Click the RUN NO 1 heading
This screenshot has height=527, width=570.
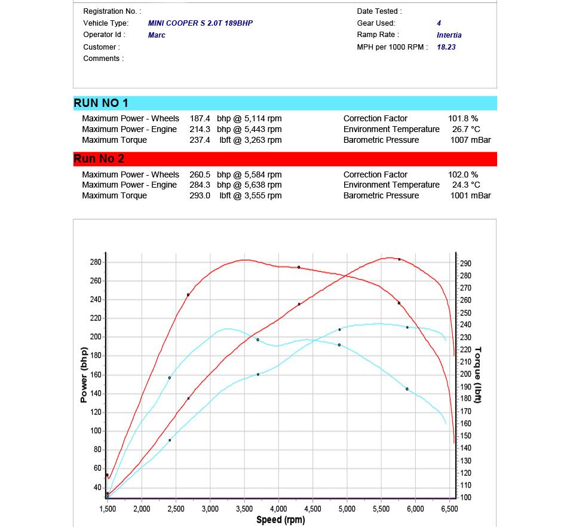click(101, 103)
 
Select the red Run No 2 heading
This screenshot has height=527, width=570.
click(99, 159)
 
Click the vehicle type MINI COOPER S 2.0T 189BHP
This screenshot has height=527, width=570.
click(200, 23)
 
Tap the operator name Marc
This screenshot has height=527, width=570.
click(157, 35)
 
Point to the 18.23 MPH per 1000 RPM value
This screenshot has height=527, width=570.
click(446, 47)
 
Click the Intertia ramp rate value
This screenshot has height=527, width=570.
click(449, 35)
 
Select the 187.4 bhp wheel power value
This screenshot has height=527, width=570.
click(200, 119)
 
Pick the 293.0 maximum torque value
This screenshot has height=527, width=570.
click(200, 195)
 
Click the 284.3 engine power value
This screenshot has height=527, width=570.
click(200, 185)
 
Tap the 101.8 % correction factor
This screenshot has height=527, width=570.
click(463, 119)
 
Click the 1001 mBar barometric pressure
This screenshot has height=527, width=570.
click(470, 195)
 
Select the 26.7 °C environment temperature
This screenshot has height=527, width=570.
click(466, 129)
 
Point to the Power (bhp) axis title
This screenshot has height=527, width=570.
click(84, 375)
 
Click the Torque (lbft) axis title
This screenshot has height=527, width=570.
click(478, 375)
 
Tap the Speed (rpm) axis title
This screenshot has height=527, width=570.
click(280, 520)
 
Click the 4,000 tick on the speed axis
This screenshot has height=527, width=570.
click(278, 509)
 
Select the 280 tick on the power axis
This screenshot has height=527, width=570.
click(96, 262)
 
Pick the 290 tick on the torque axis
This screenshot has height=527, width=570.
click(465, 263)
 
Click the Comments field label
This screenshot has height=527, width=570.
click(103, 59)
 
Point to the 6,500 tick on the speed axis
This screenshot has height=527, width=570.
click(449, 509)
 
